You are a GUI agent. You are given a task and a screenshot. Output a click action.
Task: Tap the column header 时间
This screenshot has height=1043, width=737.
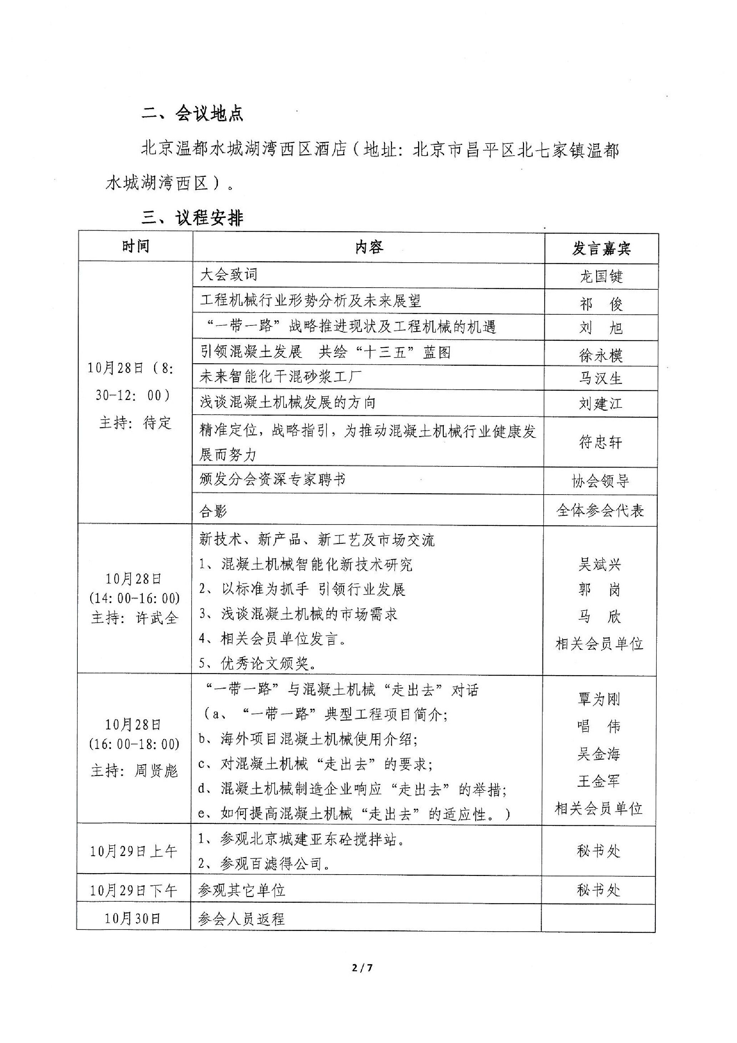click(x=135, y=246)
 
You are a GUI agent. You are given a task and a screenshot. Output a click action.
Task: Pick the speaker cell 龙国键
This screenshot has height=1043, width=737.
click(x=601, y=276)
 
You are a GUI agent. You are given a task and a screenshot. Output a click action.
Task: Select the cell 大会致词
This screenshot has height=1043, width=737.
click(x=228, y=274)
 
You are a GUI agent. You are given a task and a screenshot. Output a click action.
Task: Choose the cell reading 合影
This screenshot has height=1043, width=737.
click(x=213, y=511)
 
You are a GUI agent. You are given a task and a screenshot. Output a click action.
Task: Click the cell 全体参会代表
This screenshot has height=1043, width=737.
click(x=600, y=511)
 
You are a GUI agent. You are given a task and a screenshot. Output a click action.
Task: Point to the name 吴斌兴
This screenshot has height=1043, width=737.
click(x=599, y=564)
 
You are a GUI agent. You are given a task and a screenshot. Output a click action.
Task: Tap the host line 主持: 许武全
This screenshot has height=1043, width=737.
click(x=134, y=618)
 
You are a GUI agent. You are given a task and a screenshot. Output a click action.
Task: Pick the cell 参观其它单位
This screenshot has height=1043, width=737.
click(x=242, y=890)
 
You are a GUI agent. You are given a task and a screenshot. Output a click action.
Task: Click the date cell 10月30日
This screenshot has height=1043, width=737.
click(x=133, y=918)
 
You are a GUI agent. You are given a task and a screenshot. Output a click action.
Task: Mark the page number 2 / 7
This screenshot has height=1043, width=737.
click(x=362, y=968)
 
